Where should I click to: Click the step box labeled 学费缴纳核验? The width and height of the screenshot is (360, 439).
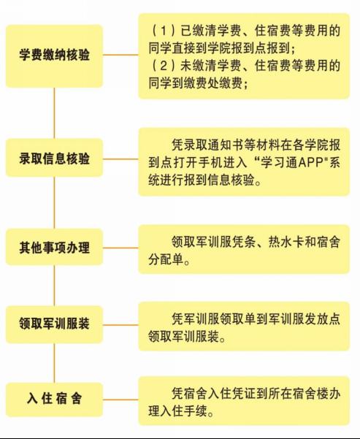coord(54,56)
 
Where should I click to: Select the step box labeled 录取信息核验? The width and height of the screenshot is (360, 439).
coord(54,158)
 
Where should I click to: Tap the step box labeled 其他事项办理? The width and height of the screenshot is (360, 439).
coord(54,247)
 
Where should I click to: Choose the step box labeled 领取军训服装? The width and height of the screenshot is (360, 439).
coord(54,324)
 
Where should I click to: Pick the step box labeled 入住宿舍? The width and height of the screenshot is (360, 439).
coord(54,400)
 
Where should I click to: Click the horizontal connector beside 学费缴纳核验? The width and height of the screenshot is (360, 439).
coord(120,55)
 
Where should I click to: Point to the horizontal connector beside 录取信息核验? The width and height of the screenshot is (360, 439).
coord(120,159)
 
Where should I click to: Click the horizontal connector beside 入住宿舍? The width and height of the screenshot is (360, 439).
coord(120,400)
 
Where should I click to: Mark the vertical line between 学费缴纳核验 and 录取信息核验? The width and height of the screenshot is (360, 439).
coord(54,112)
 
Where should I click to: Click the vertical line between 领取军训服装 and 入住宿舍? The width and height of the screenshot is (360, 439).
coord(54,363)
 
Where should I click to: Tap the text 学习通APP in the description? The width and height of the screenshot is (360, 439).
coord(292,163)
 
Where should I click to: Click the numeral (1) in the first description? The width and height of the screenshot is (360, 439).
coord(164,30)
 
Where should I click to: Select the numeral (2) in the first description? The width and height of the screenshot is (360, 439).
coord(164,66)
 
